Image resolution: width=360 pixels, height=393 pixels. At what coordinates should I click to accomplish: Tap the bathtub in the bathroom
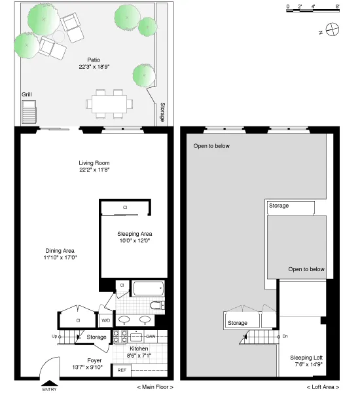point(147,288)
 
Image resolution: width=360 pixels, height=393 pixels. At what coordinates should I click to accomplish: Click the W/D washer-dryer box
point(105,320)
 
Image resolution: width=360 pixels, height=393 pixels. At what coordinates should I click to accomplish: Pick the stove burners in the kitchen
point(120,337)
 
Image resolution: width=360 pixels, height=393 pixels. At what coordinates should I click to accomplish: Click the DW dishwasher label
point(151,337)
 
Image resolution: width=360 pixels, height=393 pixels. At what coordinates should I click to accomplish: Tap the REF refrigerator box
point(122,370)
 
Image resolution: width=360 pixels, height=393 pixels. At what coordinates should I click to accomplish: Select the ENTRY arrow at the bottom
point(49,383)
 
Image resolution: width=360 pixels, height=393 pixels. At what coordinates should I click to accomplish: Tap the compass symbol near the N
point(333,29)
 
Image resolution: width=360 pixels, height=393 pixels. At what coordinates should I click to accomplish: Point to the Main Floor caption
point(155,388)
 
